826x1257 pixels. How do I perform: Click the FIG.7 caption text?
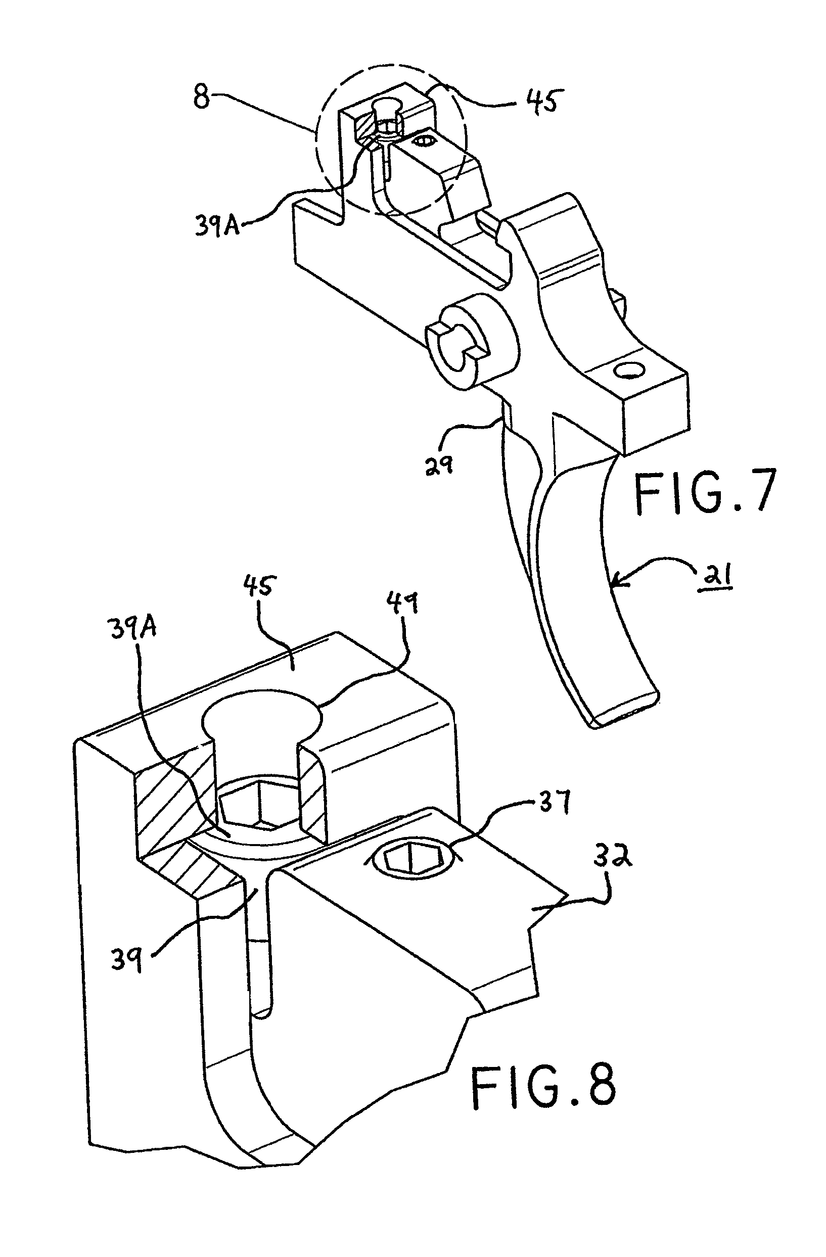tap(705, 492)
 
